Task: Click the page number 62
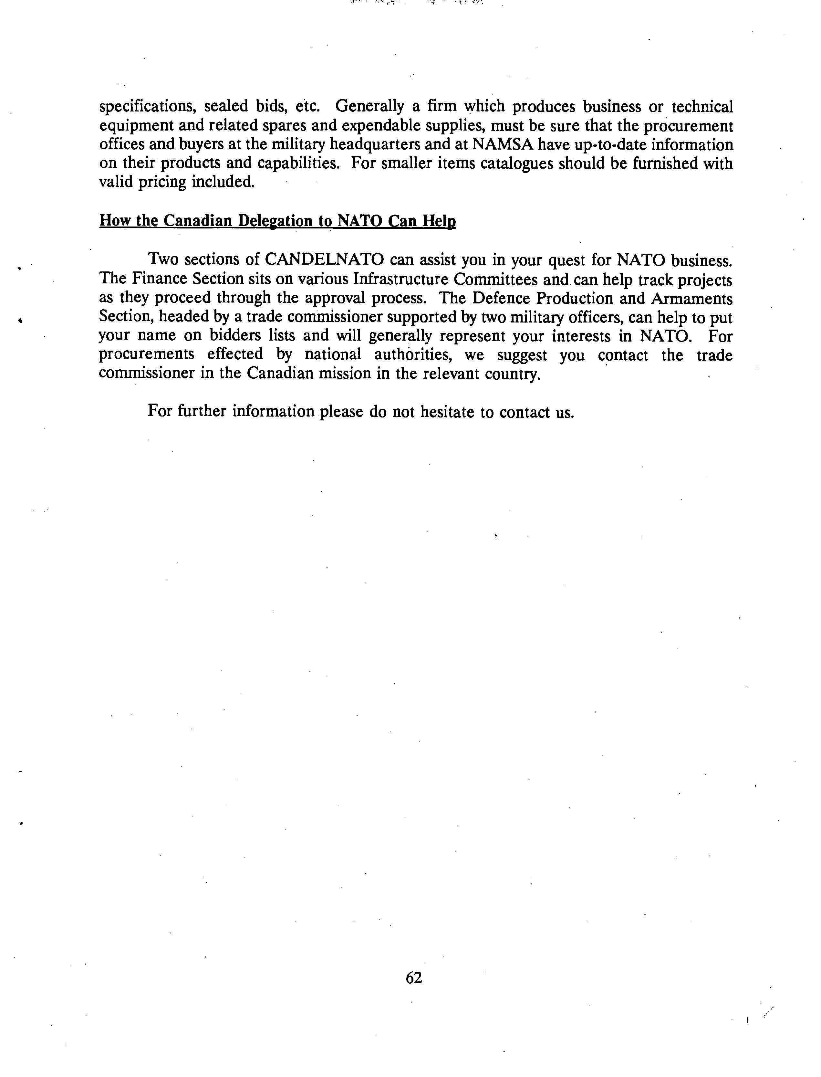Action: (413, 977)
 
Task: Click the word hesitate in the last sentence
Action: (448, 412)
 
